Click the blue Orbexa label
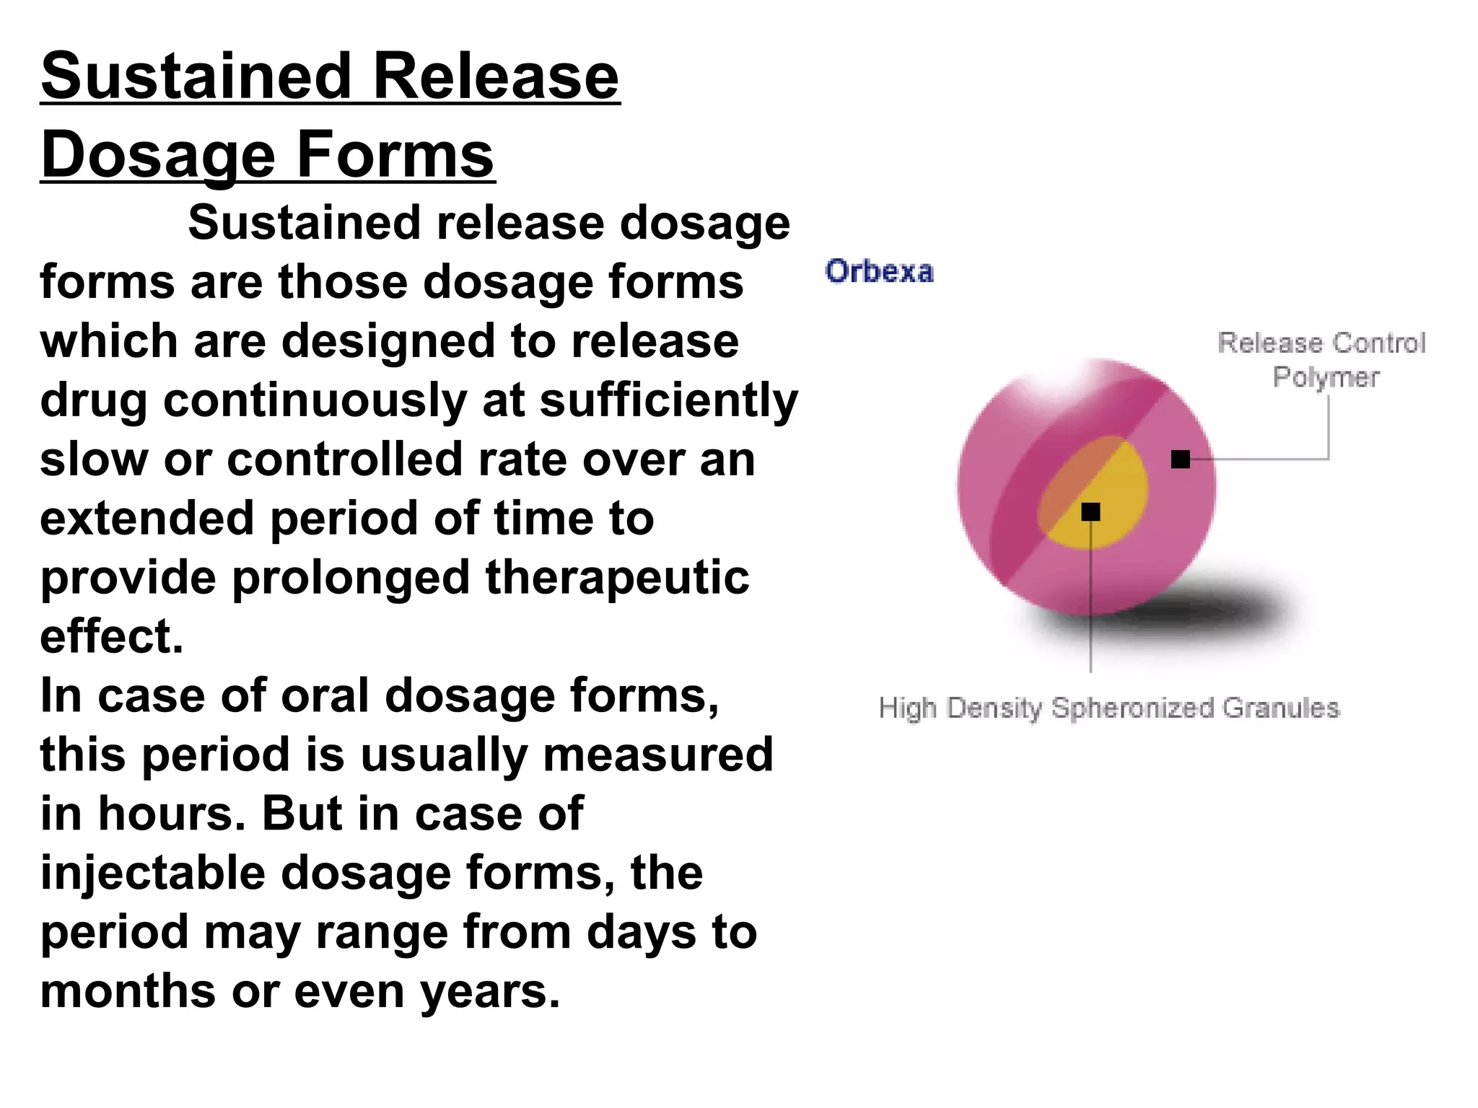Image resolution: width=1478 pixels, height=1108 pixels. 879,272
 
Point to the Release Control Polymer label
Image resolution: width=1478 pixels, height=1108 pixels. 1321,359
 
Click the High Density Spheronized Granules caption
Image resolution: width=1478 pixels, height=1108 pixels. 1108,708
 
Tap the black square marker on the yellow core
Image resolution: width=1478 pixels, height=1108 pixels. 1090,511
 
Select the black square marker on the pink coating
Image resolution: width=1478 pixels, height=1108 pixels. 1180,459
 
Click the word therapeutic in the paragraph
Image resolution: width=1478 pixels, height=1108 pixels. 617,578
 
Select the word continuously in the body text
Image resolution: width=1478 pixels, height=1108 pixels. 315,400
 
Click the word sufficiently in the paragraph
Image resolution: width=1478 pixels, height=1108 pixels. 668,400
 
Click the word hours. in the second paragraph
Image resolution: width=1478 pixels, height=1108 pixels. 172,814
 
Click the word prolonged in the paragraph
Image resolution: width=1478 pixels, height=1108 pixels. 351,578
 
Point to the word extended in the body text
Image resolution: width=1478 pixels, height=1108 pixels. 147,519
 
